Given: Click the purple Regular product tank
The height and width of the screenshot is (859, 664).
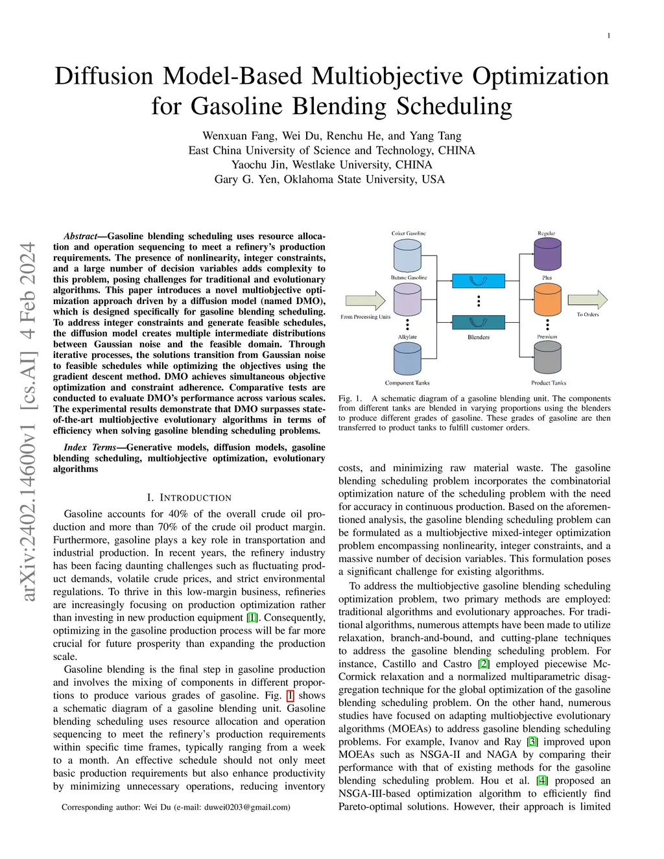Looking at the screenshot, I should tap(547, 254).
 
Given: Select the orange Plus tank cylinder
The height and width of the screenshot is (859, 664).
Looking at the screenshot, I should tap(547, 300).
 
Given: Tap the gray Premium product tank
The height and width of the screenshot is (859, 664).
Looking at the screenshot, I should tap(547, 357).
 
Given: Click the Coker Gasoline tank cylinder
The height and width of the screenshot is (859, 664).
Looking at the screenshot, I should tap(407, 255).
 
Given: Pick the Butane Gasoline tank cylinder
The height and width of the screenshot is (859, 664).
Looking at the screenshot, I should tap(407, 300).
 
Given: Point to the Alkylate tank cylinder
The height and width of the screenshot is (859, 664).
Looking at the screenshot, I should tap(407, 359).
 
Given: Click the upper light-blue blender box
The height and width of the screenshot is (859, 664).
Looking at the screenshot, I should tap(478, 281).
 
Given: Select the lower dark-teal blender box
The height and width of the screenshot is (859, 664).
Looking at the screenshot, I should tap(478, 322).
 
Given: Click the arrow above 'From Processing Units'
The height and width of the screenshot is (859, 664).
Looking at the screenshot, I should tap(365, 300).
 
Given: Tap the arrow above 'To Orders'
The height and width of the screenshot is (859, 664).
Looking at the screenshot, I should tap(587, 300).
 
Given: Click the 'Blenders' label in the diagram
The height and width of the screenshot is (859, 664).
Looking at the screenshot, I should tap(479, 337).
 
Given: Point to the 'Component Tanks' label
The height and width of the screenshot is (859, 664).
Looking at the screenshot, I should tap(407, 383).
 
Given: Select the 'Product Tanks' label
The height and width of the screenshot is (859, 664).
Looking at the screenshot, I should tap(549, 383).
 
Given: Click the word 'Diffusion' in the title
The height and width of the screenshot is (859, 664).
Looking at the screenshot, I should tap(104, 76).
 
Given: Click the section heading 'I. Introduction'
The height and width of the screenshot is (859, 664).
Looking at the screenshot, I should tap(189, 498).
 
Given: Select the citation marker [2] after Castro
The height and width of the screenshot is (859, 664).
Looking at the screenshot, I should tap(484, 664).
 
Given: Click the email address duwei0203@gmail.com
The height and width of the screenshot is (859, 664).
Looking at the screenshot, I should tap(246, 807).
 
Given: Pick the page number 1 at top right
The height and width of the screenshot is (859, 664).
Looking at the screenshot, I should tap(608, 36).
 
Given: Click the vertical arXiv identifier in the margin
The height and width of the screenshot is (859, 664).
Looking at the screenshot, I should tap(28, 421).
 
